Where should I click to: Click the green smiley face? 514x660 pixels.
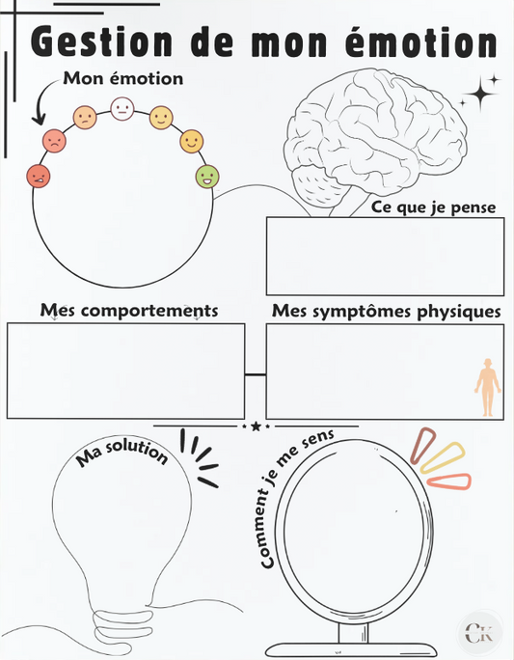(x=206, y=177)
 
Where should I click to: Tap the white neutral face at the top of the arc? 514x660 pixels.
(x=122, y=108)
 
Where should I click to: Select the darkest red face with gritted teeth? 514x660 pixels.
(x=39, y=177)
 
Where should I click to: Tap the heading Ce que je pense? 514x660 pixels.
(x=435, y=206)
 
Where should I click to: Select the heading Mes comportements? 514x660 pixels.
(x=128, y=311)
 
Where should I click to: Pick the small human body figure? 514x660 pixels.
(x=488, y=387)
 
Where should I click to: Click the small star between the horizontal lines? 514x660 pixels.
(x=256, y=426)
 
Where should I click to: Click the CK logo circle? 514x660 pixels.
(x=479, y=633)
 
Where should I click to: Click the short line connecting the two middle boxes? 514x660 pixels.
(x=256, y=372)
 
